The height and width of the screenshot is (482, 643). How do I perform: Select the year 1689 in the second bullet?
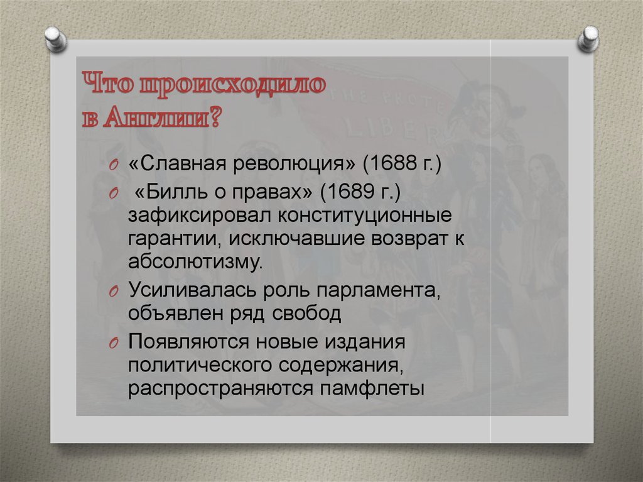click(x=342, y=192)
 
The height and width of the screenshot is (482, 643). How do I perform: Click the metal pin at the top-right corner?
click(x=589, y=39)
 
